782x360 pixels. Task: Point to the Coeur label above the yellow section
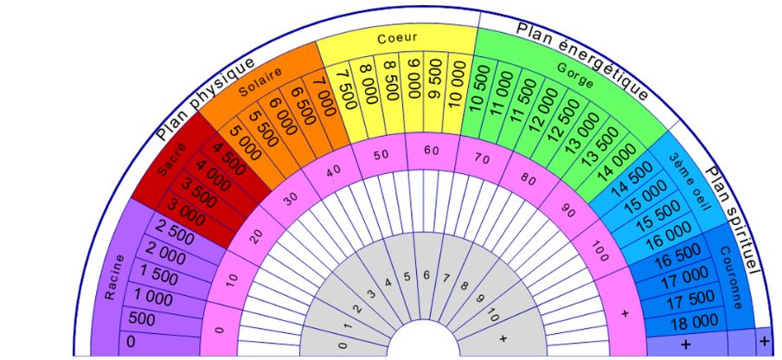point(397,38)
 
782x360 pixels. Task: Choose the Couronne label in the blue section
point(732,278)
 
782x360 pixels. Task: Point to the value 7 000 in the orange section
point(325,96)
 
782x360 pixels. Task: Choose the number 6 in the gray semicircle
point(426,274)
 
